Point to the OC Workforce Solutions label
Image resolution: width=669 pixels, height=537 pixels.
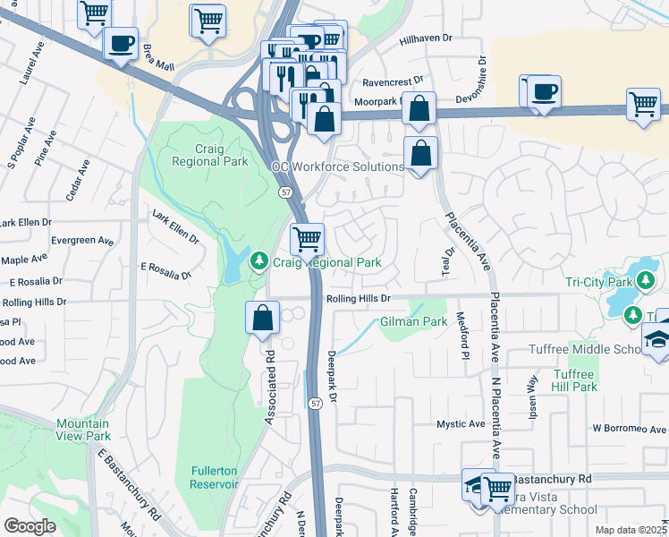(x=337, y=167)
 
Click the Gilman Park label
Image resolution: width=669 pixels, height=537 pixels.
(x=413, y=321)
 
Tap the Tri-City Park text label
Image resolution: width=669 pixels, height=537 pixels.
(x=598, y=281)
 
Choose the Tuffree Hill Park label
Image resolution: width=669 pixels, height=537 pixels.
(x=574, y=380)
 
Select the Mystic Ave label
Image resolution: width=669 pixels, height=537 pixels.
(x=460, y=423)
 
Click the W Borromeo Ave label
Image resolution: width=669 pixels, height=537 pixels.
(x=630, y=428)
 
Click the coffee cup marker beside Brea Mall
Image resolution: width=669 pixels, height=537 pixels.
(x=121, y=42)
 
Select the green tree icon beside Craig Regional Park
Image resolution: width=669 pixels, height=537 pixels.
(x=259, y=261)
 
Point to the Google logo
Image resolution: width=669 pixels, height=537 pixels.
(x=30, y=526)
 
